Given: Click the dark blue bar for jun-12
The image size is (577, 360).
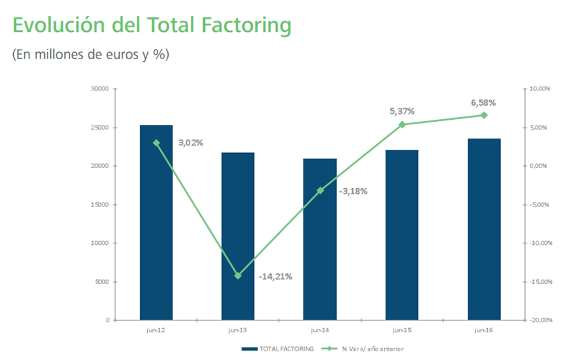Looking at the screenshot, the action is point(156,223).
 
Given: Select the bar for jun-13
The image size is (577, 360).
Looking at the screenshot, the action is point(238,236).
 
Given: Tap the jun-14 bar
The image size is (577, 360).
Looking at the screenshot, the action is point(320,240).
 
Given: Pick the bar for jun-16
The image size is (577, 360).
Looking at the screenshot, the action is point(484,229).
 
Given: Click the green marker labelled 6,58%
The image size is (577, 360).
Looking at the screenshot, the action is point(484,115).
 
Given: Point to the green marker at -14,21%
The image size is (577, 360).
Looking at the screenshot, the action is point(238,275).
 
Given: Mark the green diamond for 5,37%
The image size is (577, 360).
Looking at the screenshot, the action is point(402,124).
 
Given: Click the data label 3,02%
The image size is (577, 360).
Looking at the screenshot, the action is point(191,143).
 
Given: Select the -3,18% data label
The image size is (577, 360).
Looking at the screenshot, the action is point(353,191).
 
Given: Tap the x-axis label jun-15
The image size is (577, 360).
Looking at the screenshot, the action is point(402,330).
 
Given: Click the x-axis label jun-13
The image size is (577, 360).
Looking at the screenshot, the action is point(238,330).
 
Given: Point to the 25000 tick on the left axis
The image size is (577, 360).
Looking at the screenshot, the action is point(100,128).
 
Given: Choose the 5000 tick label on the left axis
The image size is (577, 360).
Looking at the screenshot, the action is point(102,282).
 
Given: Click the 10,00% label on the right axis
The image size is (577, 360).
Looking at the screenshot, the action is point(540,89).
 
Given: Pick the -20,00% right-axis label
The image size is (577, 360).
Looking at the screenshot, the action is point(541,320).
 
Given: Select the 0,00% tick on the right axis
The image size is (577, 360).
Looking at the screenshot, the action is point(539,166).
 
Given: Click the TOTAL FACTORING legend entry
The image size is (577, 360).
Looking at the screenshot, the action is point(278,348).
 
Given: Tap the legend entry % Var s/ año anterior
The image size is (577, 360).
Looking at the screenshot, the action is point(363,348).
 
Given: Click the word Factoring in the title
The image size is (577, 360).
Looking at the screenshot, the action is point(246,25).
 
